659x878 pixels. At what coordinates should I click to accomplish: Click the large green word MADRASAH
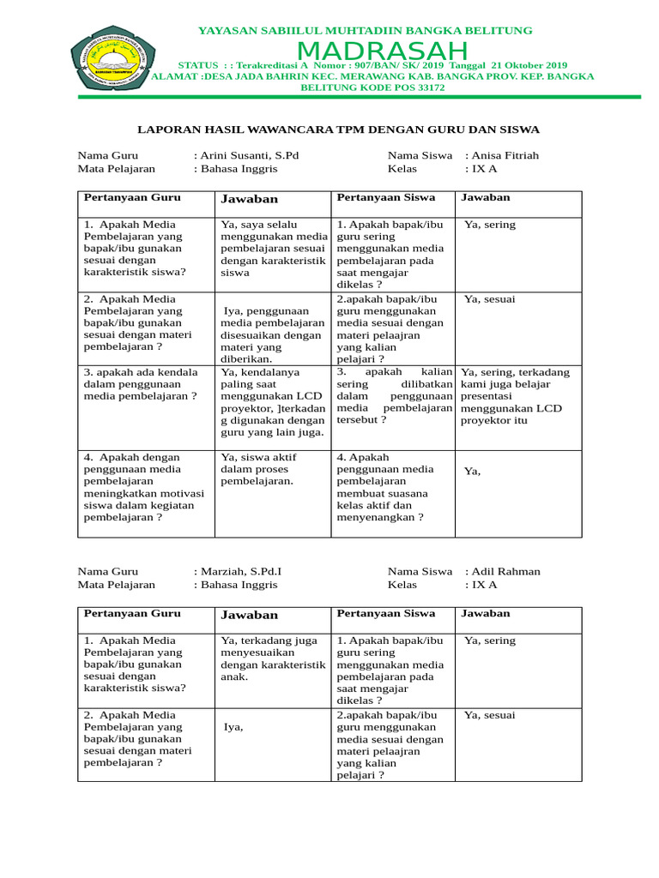[383, 51]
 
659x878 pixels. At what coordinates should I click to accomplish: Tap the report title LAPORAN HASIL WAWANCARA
[339, 129]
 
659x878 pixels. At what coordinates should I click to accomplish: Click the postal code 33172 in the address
[426, 87]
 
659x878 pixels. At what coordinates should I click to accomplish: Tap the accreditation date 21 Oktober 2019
[518, 65]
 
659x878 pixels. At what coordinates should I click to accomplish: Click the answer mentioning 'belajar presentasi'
[515, 397]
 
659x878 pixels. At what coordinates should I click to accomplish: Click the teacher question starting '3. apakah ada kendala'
[142, 384]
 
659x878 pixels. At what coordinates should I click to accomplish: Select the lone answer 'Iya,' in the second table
[233, 727]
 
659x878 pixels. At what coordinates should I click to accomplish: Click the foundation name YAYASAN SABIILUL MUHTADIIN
[366, 30]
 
